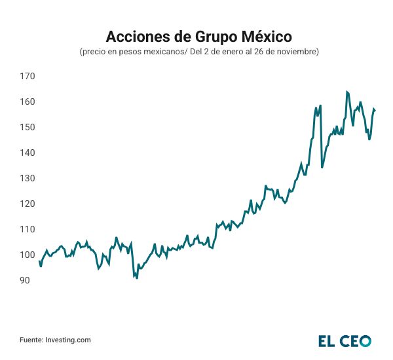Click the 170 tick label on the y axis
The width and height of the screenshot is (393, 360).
[27, 77]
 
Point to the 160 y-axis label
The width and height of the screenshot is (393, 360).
[27, 102]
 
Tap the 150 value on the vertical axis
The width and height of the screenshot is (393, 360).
[27, 127]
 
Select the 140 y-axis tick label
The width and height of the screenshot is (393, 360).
[27, 153]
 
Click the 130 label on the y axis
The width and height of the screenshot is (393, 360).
[27, 178]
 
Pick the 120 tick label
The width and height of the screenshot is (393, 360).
[27, 204]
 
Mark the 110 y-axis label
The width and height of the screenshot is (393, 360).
[27, 229]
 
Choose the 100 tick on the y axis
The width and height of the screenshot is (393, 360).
[27, 255]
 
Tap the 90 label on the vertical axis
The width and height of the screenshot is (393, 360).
[24, 280]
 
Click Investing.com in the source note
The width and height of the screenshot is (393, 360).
[67, 340]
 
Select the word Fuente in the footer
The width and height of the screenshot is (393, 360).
[31, 340]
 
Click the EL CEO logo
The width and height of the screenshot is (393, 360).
[345, 340]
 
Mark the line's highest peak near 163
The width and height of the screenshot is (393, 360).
[346, 92]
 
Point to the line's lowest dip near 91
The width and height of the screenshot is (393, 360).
[137, 278]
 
